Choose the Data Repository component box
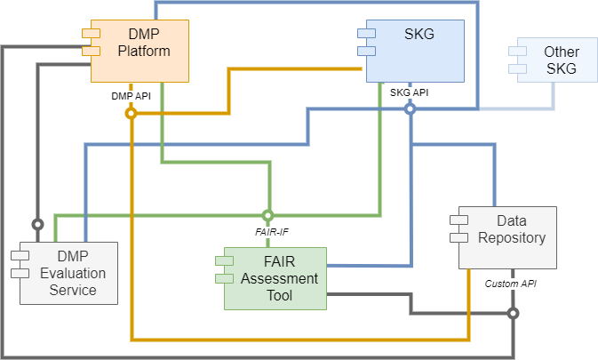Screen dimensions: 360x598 (x=506, y=237)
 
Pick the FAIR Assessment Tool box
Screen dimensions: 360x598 (x=275, y=278)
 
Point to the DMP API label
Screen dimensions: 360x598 (x=131, y=95)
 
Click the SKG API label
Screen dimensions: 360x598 (x=410, y=92)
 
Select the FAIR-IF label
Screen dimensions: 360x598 (x=267, y=233)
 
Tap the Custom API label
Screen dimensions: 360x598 (x=511, y=284)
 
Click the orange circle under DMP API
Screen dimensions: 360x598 (x=131, y=114)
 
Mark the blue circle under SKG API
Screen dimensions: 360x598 (x=410, y=109)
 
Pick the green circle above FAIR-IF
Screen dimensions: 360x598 (x=267, y=215)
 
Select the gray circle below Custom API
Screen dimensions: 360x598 (x=513, y=313)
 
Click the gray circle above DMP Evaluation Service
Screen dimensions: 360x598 (x=37, y=223)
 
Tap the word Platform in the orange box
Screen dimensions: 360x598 (x=144, y=51)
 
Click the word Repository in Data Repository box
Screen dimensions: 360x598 (x=512, y=237)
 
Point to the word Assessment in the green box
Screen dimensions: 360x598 (x=278, y=278)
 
